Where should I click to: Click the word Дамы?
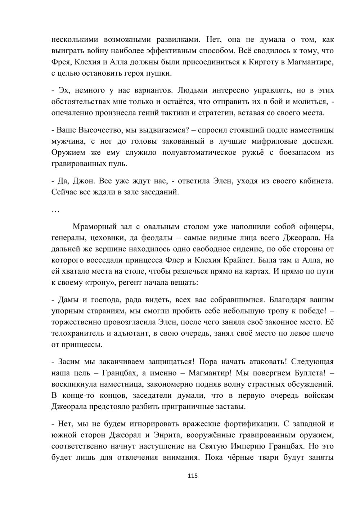click(x=66, y=299)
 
